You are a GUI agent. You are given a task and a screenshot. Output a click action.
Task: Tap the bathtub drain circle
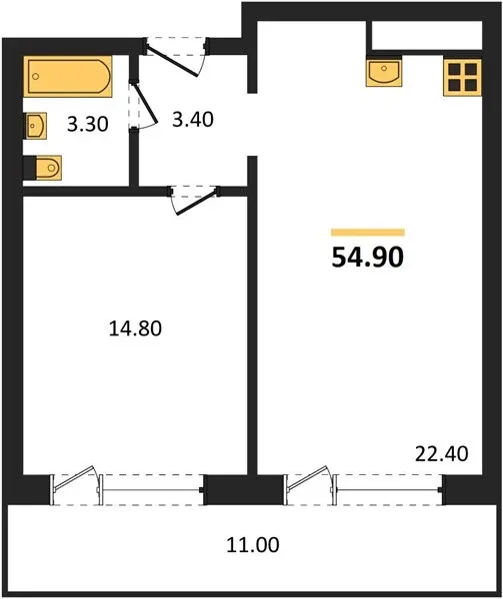coord(36,77)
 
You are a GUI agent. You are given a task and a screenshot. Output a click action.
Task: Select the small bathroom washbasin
coord(36,126)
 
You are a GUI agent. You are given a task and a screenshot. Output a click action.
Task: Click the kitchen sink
coord(384,72)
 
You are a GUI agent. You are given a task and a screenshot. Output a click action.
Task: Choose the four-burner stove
coord(462,77)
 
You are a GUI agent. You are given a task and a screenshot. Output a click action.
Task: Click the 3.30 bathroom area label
coord(88,124)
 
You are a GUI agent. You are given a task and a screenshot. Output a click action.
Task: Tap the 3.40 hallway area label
coord(192,120)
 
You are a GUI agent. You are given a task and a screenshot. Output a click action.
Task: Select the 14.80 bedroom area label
coord(135,328)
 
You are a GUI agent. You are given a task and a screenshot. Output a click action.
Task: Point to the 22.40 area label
coord(442,454)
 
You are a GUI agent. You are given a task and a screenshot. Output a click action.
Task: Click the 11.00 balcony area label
coord(253,545)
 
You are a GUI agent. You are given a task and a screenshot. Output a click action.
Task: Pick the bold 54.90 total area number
coord(368,258)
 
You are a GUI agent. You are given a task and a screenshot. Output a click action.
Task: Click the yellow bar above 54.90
coord(368,233)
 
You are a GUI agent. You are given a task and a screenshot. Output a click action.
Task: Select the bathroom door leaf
coord(146,103)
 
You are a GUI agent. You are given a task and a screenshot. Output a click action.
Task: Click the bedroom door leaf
coord(197,203)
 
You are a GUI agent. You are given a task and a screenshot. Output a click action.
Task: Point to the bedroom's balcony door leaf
coord(74,478)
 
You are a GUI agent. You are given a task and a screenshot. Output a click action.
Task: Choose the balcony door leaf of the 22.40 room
coord(307,478)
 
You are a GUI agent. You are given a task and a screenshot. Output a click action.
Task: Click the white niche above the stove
coord(427,35)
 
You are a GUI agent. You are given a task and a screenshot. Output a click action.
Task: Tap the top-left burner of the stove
coord(454,69)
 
